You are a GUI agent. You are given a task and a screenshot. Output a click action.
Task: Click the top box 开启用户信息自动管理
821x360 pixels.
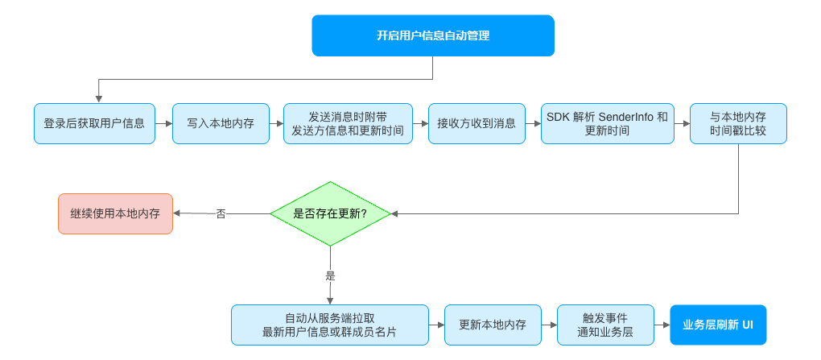coord(433,35)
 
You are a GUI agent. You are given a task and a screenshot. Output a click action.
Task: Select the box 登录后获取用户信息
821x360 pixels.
coord(94,124)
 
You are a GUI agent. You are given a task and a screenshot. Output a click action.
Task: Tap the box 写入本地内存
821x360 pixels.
coord(221,124)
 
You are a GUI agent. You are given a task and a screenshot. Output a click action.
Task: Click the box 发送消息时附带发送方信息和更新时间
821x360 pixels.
coord(349,124)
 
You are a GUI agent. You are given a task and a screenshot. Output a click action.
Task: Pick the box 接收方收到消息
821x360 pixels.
coord(477,124)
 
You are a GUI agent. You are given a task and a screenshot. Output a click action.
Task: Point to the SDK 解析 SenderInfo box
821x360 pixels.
coord(608,124)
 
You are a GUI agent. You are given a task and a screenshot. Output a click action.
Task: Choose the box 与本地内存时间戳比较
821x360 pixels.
coord(738,124)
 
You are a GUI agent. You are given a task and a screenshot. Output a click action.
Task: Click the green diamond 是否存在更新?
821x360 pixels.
coord(330,213)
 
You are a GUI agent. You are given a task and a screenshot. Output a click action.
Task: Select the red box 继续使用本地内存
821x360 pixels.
coord(115,213)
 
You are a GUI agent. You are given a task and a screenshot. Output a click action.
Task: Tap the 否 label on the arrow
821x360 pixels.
coord(221,213)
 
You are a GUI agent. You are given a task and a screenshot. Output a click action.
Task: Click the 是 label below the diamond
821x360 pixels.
coord(330,275)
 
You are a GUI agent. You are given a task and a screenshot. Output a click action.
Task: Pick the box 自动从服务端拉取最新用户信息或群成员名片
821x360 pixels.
coord(330,325)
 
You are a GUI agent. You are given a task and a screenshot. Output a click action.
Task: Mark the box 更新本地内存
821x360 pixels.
coord(493,325)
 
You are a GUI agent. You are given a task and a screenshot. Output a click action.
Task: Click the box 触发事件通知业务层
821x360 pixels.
coord(605,325)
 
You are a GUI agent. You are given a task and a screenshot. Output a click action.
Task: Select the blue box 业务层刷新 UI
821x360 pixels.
coord(718,325)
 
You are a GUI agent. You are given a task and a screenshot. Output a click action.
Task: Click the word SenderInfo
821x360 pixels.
coord(625,117)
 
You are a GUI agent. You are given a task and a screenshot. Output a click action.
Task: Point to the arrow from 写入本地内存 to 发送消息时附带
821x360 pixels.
coord(276,124)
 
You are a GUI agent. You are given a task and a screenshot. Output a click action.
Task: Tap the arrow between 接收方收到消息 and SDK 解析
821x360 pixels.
coord(533,124)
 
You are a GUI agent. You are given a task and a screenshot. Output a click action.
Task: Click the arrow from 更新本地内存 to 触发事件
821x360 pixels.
coord(549,325)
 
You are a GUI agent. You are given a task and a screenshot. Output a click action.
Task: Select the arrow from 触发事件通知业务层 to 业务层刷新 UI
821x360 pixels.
coord(662,325)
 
